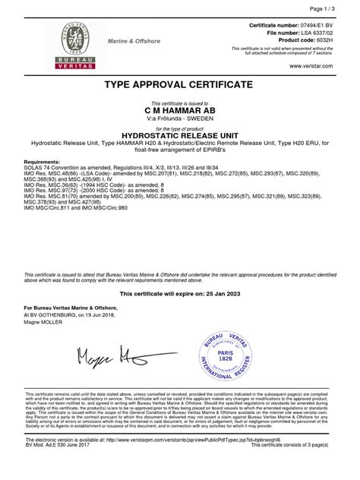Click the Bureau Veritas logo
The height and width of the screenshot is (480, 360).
[x=73, y=46]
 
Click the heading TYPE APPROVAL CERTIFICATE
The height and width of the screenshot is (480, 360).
[x=179, y=83]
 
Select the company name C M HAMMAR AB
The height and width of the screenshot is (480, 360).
[x=179, y=110]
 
